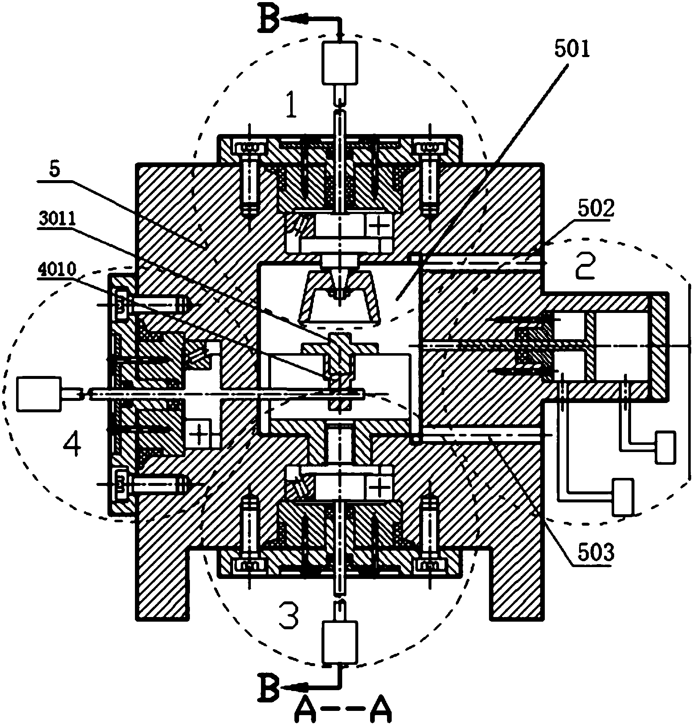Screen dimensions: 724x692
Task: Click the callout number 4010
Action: [56, 270]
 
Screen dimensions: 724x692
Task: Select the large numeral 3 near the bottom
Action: [288, 616]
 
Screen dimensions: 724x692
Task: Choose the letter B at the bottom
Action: [269, 692]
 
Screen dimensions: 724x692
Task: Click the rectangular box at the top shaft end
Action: [339, 63]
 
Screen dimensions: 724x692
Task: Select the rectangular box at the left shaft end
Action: [38, 394]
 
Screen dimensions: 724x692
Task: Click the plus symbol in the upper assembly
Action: [379, 227]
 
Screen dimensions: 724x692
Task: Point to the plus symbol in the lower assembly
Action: [380, 487]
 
